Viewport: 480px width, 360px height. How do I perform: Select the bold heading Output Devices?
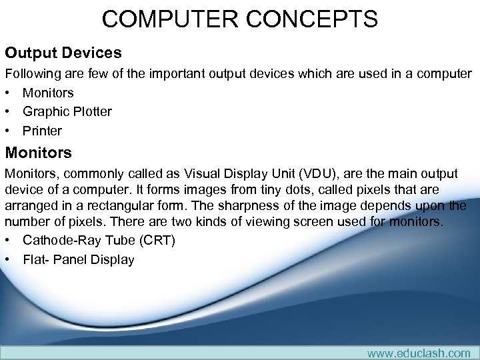coord(63,52)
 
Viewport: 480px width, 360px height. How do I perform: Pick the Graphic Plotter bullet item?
coord(67,111)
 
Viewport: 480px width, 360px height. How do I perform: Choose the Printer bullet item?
coord(42,131)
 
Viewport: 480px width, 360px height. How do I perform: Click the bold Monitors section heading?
coord(38,153)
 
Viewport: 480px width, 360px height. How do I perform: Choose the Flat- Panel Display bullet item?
coord(78,259)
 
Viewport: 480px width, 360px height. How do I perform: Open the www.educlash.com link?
coord(418,353)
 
